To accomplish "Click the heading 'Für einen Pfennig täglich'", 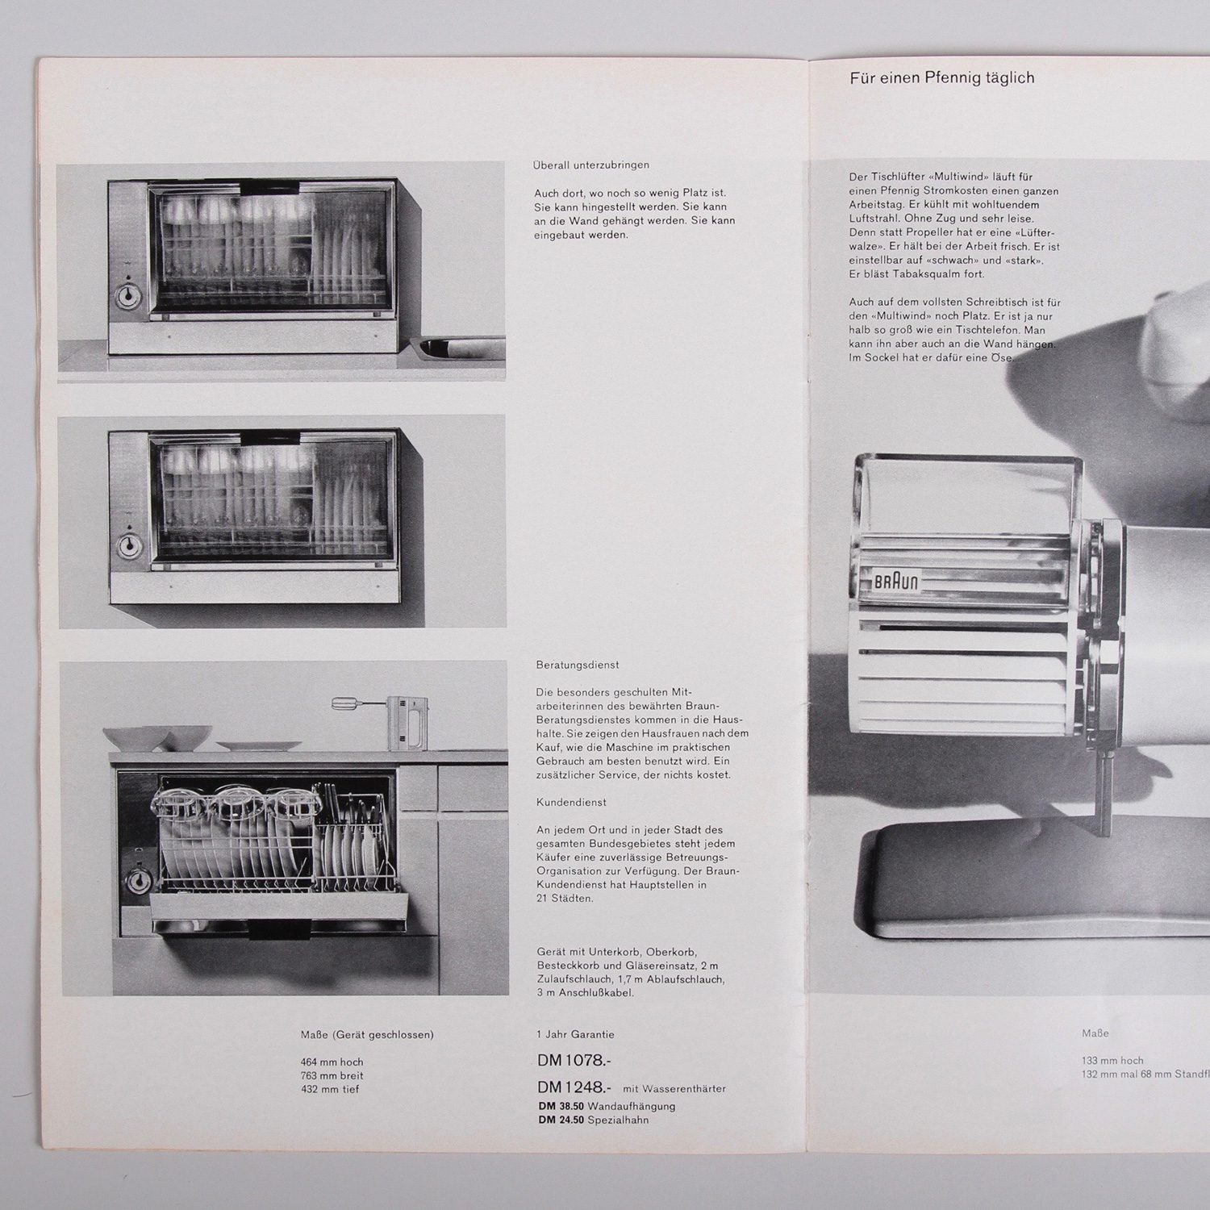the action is (941, 78).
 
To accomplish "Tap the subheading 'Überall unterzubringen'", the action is (591, 165).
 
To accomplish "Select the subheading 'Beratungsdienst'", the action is (578, 665).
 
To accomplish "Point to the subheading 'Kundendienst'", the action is (571, 803).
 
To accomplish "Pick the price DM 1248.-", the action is (574, 1087).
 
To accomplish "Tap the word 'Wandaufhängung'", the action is (632, 1106).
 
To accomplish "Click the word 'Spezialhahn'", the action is (618, 1120).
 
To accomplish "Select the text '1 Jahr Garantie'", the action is (576, 1034).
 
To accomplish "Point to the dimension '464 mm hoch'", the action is (332, 1062).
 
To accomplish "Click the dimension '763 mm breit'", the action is (332, 1076).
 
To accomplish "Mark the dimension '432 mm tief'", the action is (330, 1090).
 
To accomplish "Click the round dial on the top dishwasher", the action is (127, 296).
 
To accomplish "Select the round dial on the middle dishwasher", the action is (127, 546).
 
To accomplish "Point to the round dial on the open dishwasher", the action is (140, 880).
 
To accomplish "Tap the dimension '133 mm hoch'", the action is (1113, 1061).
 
